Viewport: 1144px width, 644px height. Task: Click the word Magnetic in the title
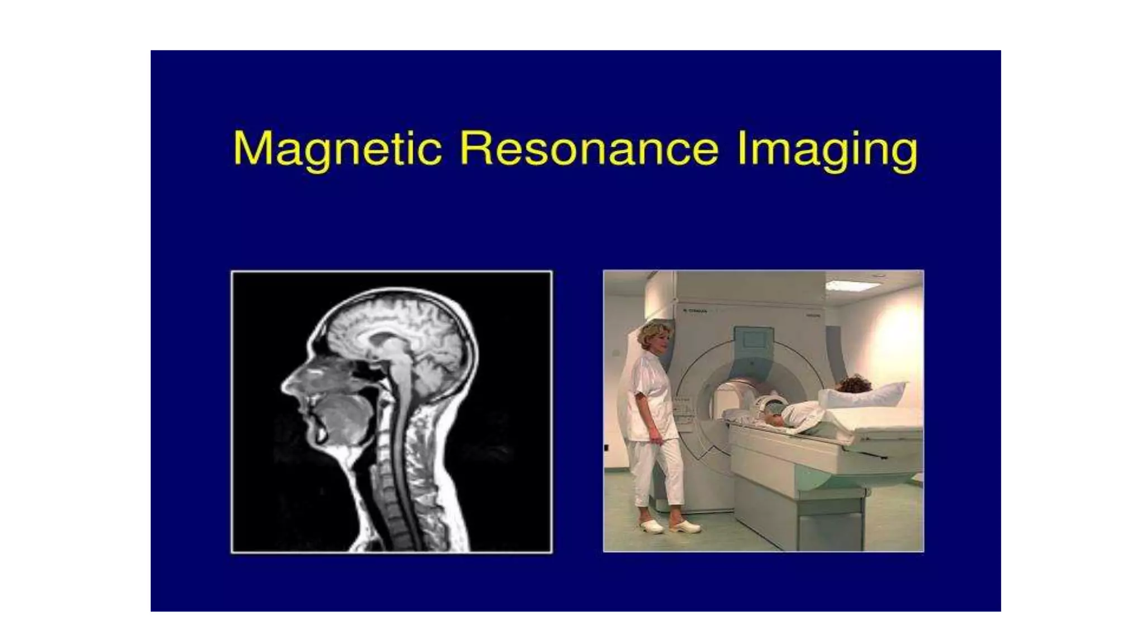click(x=337, y=149)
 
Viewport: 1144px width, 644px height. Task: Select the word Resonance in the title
click(x=589, y=149)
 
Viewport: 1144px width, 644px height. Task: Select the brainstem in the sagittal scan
click(x=399, y=369)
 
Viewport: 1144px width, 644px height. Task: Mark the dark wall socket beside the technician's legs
click(x=607, y=447)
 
